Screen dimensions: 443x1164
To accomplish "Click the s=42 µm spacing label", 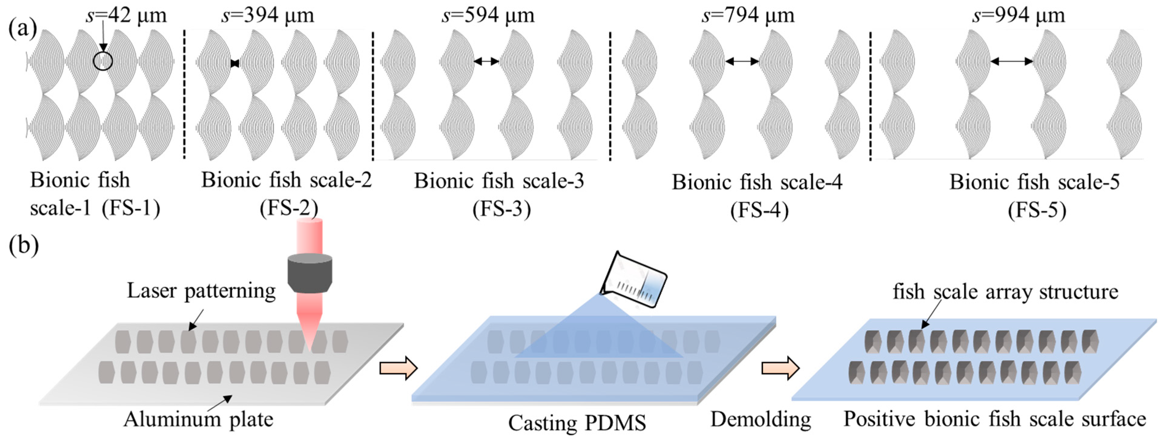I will coord(126,15).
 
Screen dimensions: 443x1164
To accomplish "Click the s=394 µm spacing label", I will coord(268,15).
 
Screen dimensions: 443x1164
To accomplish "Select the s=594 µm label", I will coord(488,15).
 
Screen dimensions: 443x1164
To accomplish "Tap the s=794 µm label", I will coord(748,15).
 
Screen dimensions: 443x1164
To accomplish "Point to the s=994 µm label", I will coord(1018,15).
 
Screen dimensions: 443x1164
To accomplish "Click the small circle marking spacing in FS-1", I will coord(103,61).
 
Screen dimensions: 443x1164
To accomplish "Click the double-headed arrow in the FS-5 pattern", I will coord(1011,61).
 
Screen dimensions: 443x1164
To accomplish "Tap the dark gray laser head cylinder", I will coord(310,273).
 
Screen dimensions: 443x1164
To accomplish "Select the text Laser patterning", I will coord(201,290).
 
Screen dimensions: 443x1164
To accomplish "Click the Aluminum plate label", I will coord(198,419).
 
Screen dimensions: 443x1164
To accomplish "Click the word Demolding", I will coord(761,419).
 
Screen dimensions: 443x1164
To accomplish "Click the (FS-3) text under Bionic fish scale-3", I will coord(501,210).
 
